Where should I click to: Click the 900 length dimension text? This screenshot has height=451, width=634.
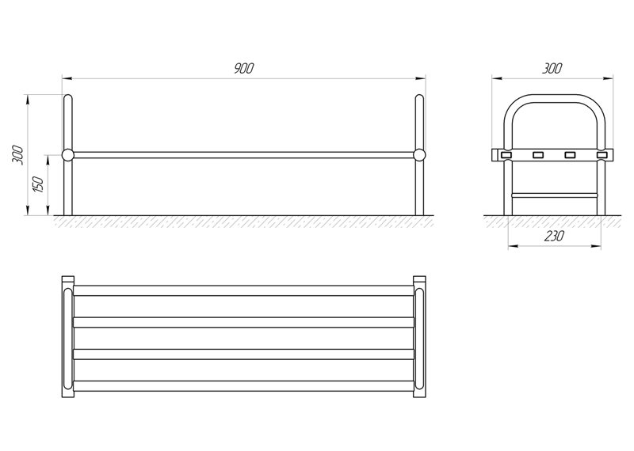point(243,69)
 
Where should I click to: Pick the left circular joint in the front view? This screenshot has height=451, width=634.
point(67,155)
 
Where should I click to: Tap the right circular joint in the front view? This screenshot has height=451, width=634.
point(419,155)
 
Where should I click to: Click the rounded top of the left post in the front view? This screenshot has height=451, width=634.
point(67,99)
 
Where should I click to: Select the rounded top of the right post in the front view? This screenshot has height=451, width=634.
point(419,99)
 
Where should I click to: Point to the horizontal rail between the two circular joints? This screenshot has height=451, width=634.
point(243,155)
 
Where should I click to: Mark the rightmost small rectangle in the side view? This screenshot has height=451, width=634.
point(601,154)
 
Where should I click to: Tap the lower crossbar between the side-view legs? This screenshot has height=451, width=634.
point(553,192)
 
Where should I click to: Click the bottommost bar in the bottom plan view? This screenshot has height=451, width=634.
point(243,386)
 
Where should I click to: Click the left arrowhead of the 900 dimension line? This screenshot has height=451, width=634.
point(65,78)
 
